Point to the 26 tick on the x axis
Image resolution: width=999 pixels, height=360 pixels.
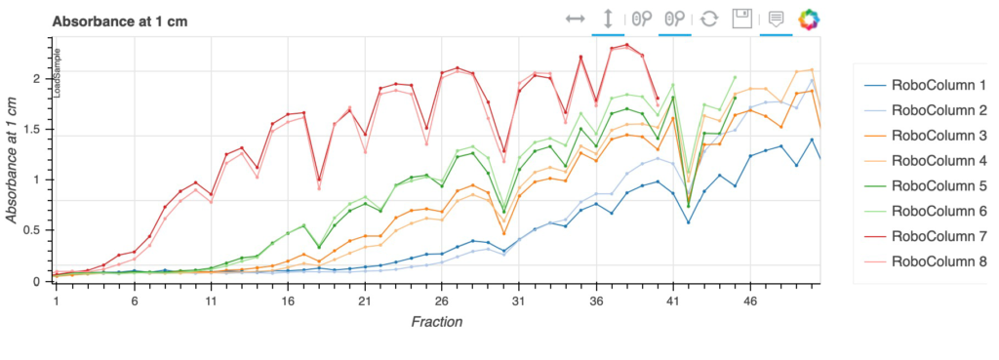pos(441,301)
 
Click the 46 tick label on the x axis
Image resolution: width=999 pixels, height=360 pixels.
pos(749,301)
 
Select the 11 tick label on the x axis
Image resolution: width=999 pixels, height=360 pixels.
pos(211,301)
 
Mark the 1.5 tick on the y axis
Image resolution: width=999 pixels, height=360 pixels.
pos(38,129)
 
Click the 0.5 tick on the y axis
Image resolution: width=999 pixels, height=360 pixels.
pos(38,230)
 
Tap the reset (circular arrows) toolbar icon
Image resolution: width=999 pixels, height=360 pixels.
pos(709,19)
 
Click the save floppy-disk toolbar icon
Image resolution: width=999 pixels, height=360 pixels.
pos(742,19)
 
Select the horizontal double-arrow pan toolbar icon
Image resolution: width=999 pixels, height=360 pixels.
pos(575,19)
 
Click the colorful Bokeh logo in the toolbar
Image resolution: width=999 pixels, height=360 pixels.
pos(809,19)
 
